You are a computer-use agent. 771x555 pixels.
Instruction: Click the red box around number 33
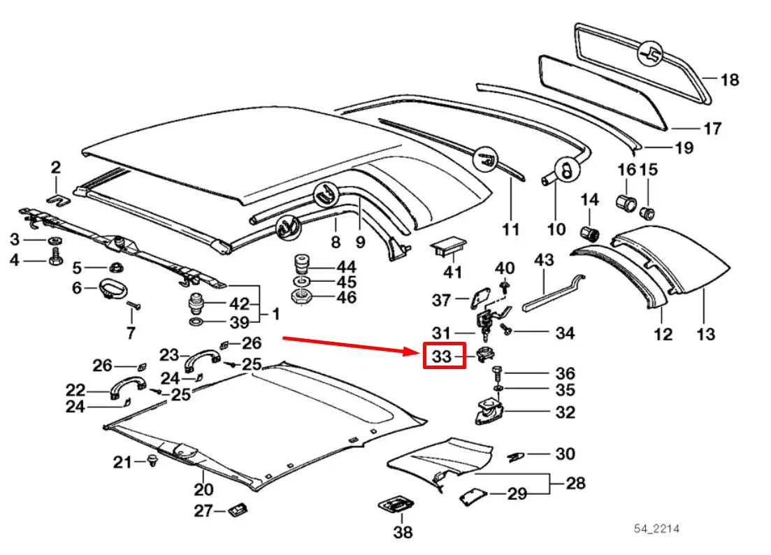442,356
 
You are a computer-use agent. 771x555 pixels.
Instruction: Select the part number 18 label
729,80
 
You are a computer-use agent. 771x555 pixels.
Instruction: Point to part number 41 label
453,271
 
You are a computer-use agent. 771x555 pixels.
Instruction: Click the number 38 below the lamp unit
402,533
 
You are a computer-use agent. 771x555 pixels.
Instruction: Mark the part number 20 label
203,489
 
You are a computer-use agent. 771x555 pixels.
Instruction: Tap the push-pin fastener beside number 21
152,461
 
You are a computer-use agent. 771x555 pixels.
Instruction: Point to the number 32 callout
564,412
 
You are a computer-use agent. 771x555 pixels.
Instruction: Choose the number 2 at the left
56,167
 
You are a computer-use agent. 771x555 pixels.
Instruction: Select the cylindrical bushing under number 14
592,233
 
